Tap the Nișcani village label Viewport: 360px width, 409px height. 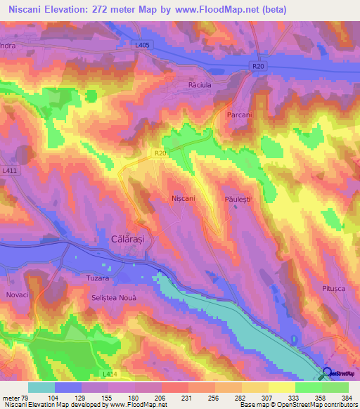click(184, 199)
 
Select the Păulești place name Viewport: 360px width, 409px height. click(238, 200)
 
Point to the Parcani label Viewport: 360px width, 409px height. click(240, 114)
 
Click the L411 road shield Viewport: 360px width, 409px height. click(9, 170)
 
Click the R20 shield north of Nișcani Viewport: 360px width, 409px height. click(160, 151)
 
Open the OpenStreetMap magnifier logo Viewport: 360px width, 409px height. click(326, 374)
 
